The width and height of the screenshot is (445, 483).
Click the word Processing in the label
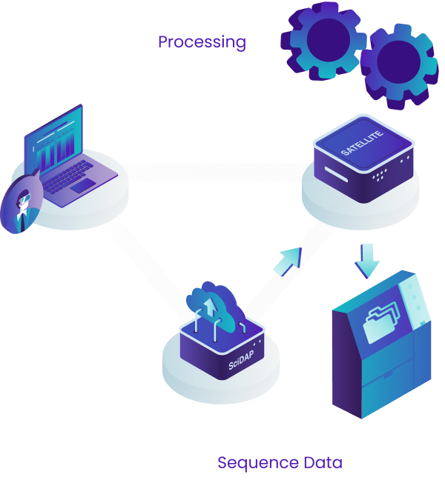click(x=202, y=41)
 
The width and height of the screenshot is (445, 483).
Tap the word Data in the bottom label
click(x=323, y=463)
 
